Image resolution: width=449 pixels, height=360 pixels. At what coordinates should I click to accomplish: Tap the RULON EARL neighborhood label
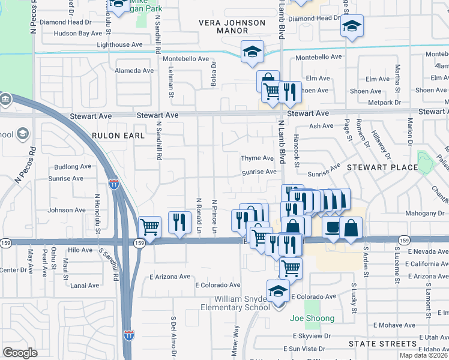pyautogui.click(x=118, y=136)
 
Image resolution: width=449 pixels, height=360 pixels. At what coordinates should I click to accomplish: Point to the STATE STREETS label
pyautogui.click(x=383, y=344)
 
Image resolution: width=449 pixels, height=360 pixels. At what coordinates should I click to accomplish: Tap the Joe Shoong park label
pyautogui.click(x=312, y=318)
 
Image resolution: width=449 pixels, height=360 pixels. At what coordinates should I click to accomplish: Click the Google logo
pyautogui.click(x=20, y=353)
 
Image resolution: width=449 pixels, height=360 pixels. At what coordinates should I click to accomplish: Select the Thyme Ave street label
pyautogui.click(x=257, y=158)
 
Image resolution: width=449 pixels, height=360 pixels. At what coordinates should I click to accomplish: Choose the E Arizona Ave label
pyautogui.click(x=170, y=277)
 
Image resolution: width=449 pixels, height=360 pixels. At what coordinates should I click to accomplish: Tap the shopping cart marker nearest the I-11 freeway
pyautogui.click(x=149, y=227)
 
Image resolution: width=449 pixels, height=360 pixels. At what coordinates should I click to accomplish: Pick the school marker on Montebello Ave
pyautogui.click(x=252, y=52)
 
